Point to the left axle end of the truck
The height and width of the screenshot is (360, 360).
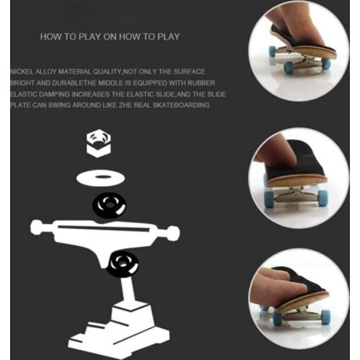[36, 228]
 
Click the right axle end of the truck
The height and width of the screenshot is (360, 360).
[172, 233]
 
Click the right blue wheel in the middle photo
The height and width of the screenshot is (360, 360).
[323, 198]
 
